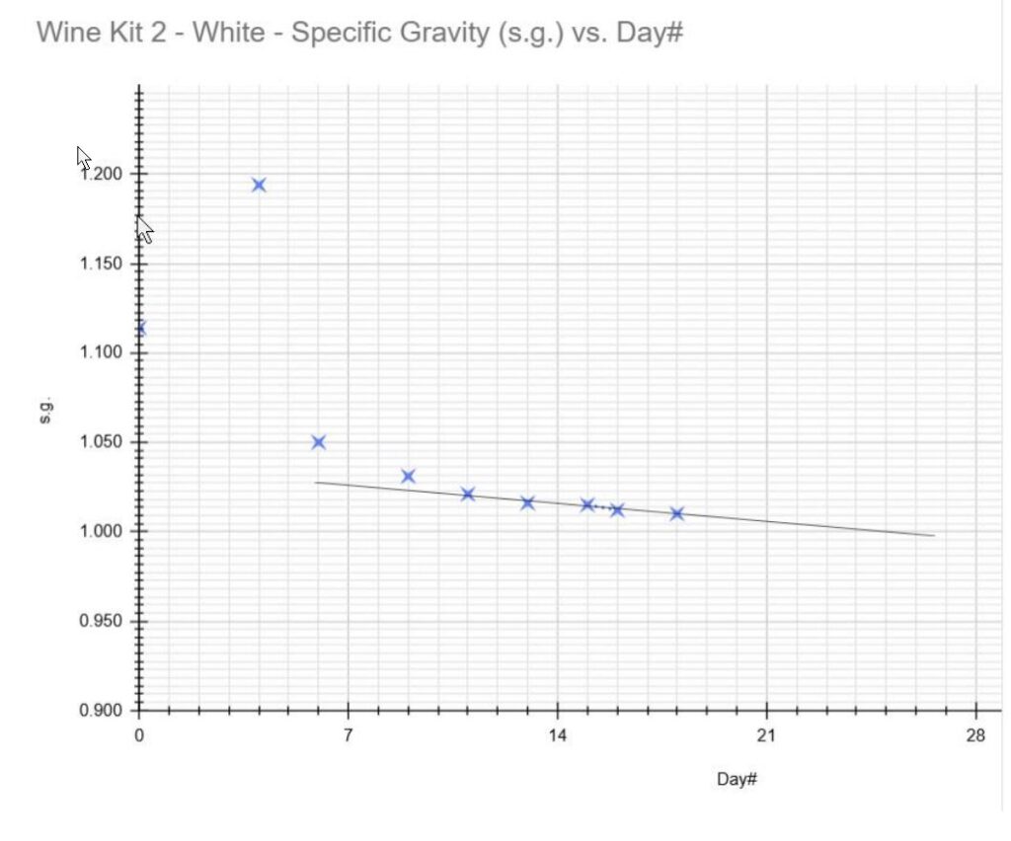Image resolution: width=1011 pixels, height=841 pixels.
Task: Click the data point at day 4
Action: pyautogui.click(x=259, y=185)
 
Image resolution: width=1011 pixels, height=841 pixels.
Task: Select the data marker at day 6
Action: pyautogui.click(x=318, y=442)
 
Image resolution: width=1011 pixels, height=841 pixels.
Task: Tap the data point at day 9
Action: pyautogui.click(x=408, y=477)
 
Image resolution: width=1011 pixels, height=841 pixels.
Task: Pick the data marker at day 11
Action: pyautogui.click(x=468, y=494)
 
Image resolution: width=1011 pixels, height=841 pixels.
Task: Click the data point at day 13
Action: pyautogui.click(x=527, y=502)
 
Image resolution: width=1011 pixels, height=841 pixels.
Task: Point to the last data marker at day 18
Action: pyautogui.click(x=676, y=513)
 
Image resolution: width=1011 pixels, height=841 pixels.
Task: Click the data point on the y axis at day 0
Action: pyautogui.click(x=140, y=329)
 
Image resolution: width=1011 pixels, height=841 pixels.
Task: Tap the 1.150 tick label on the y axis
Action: pyautogui.click(x=102, y=264)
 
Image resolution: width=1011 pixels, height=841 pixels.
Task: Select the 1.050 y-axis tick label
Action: pyautogui.click(x=102, y=442)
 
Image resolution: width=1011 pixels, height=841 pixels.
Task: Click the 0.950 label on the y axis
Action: pyautogui.click(x=102, y=621)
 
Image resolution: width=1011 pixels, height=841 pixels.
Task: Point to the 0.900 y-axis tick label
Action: pyautogui.click(x=102, y=711)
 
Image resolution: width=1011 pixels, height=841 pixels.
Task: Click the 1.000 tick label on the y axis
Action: pyautogui.click(x=102, y=531)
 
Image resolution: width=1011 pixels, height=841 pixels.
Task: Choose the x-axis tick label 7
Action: pyautogui.click(x=349, y=734)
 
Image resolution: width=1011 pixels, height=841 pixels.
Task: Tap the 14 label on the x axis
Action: pyautogui.click(x=557, y=734)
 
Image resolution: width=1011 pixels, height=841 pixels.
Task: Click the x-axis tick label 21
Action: pyautogui.click(x=766, y=734)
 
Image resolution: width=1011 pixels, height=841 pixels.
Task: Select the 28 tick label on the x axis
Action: pyautogui.click(x=975, y=734)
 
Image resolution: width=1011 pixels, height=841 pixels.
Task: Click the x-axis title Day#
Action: pyautogui.click(x=737, y=780)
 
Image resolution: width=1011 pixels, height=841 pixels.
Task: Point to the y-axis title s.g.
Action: pyautogui.click(x=45, y=410)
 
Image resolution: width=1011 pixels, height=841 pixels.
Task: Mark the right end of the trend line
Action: pyautogui.click(x=933, y=535)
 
